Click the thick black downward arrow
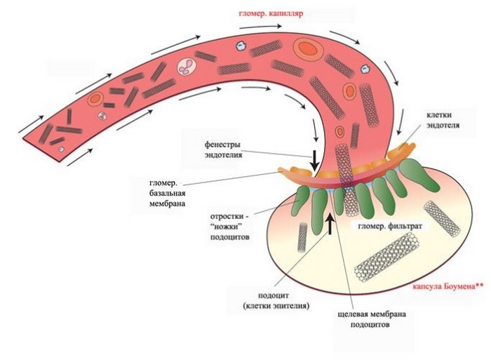315,158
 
